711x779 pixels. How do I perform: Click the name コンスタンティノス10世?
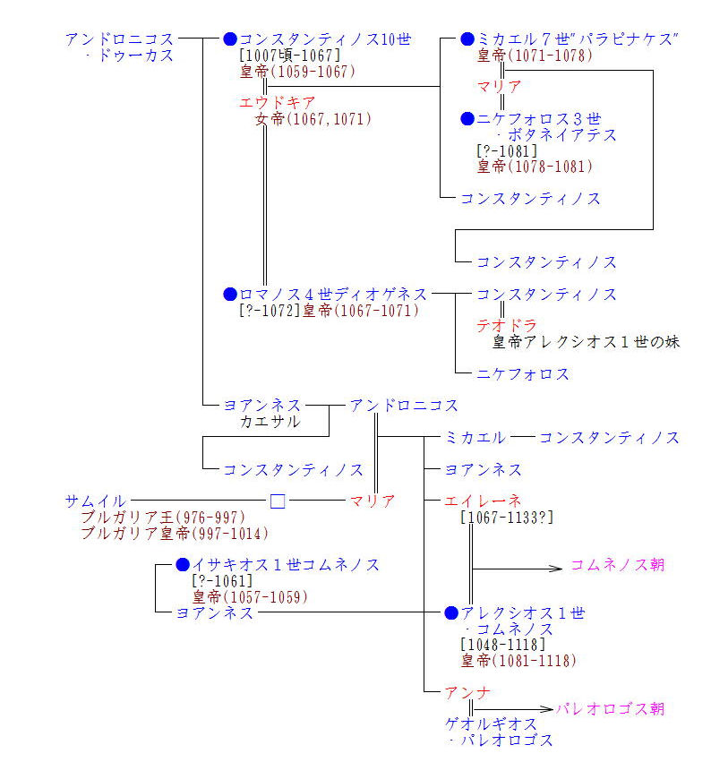[x=325, y=39]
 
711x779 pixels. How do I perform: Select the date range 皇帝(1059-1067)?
[x=297, y=72]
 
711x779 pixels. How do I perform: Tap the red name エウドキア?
[x=278, y=103]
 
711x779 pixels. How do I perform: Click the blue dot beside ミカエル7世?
[x=467, y=39]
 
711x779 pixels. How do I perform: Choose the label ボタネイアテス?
[x=555, y=135]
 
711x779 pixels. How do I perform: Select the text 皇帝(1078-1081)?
[x=535, y=166]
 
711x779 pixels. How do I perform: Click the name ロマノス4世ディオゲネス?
[x=333, y=295]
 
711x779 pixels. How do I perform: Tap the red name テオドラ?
[x=506, y=326]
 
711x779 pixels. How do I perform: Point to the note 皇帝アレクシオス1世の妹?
[x=586, y=342]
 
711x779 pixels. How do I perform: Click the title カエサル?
[x=270, y=421]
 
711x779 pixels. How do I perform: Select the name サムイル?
[x=95, y=501]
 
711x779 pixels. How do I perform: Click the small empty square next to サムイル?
[x=278, y=501]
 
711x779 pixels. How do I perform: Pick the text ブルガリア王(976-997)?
[x=162, y=518]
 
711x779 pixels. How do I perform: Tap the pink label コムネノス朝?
[x=618, y=566]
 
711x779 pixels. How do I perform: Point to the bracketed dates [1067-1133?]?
[x=507, y=517]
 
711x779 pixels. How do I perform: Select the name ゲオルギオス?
[x=492, y=724]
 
